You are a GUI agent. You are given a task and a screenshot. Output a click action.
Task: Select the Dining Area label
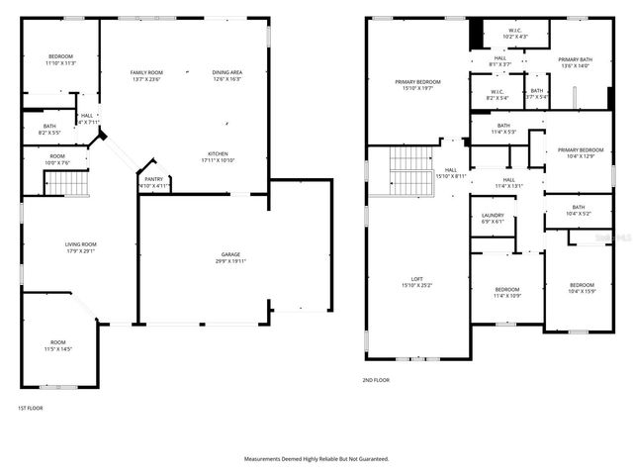coord(226,72)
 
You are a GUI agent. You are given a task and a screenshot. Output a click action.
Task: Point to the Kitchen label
coord(218,153)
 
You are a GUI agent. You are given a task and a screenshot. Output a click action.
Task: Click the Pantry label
coord(153,179)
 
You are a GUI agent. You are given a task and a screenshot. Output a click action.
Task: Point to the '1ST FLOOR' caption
coord(31,408)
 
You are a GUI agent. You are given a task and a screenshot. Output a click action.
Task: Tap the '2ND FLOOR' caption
coord(377,380)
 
